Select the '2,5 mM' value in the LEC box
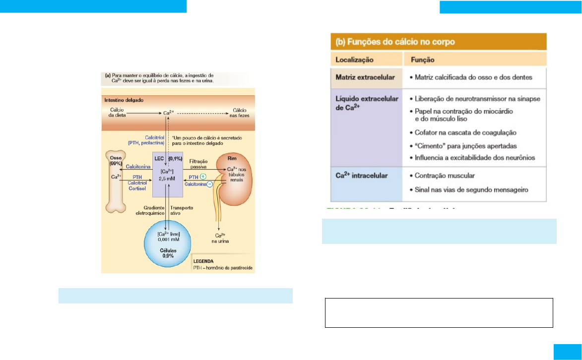pyautogui.click(x=168, y=177)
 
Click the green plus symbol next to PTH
pyautogui.click(x=204, y=177)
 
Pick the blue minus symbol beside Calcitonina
pyautogui.click(x=210, y=184)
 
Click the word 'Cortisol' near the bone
pyautogui.click(x=135, y=188)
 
